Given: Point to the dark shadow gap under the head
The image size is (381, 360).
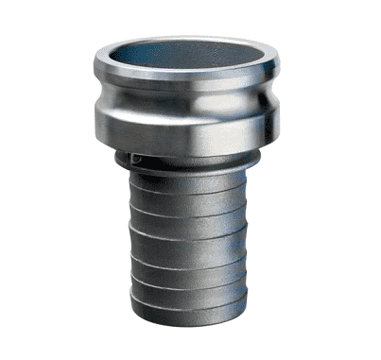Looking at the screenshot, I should click(189, 152).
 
